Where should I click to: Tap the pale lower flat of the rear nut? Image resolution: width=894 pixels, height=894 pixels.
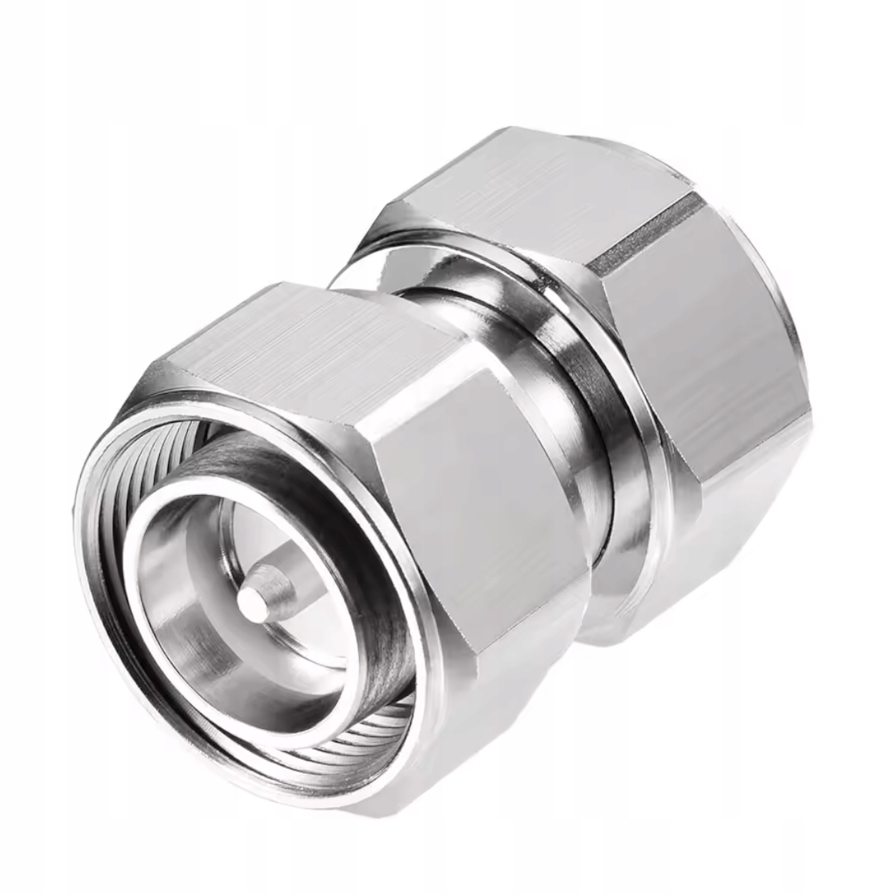coord(728,538)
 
